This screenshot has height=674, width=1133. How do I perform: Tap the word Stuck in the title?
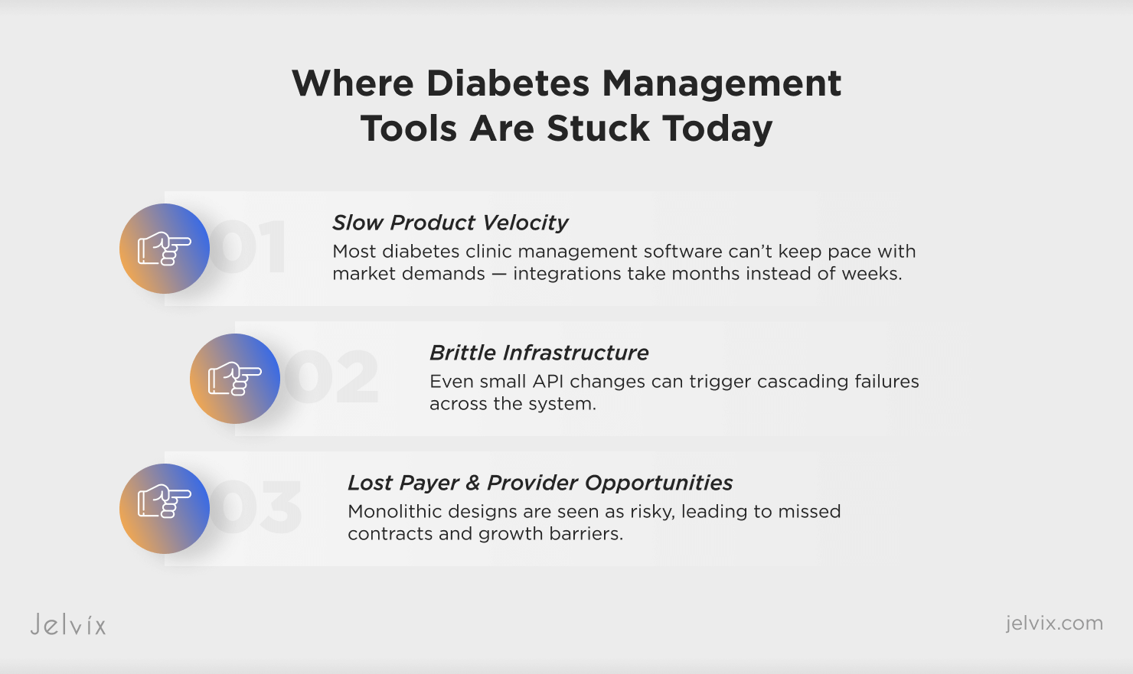(598, 129)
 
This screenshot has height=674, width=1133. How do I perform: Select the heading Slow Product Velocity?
(450, 223)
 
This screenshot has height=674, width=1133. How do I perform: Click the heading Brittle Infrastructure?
(539, 353)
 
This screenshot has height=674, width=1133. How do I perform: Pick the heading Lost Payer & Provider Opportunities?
(540, 483)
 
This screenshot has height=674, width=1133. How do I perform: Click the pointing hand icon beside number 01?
(165, 249)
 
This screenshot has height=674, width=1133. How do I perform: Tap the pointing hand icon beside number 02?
(235, 378)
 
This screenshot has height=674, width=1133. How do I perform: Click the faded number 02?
(331, 376)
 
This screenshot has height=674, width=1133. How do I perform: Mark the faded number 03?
(256, 507)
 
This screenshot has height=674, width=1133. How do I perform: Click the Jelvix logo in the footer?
(68, 624)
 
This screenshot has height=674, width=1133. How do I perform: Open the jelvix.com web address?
(1054, 623)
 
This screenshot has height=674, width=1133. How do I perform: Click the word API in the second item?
(548, 381)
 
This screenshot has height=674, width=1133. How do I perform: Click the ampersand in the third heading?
(472, 483)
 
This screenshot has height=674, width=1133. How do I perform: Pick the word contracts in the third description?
(390, 534)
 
